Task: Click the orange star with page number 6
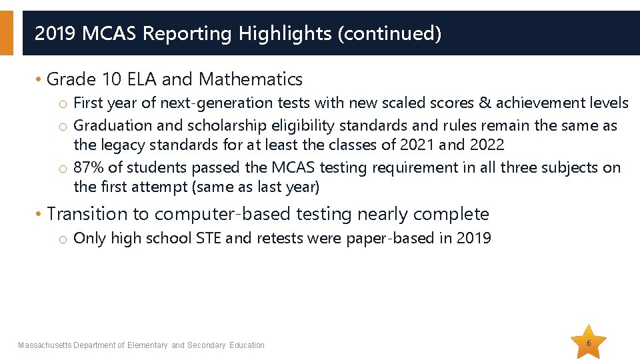(589, 343)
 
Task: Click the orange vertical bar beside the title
(6, 33)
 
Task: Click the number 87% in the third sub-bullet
(89, 167)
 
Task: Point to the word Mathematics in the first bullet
(251, 79)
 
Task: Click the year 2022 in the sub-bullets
(487, 144)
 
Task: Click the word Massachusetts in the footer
(45, 345)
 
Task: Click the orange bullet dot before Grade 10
(39, 79)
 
